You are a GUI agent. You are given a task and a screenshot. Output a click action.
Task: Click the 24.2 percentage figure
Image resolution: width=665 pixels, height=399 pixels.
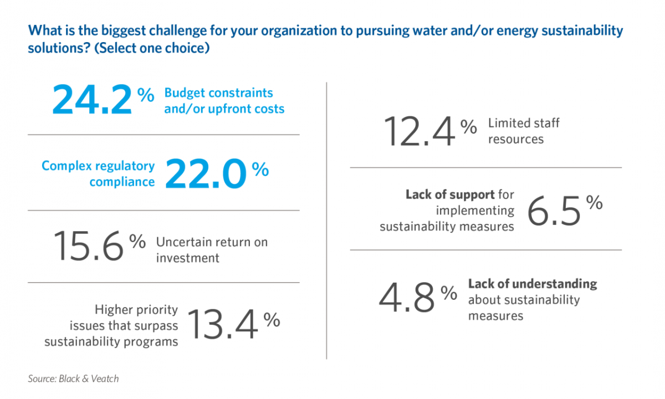click(x=93, y=99)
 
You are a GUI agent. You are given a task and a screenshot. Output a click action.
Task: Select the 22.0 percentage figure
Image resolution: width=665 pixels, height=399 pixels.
click(x=206, y=173)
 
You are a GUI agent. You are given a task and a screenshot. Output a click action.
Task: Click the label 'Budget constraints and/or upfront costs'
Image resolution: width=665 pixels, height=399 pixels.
click(x=224, y=100)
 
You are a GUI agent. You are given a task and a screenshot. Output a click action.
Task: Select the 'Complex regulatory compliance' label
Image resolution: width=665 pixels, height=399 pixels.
click(x=98, y=173)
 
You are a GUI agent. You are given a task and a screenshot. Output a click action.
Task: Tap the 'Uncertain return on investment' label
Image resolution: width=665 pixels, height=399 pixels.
click(x=211, y=250)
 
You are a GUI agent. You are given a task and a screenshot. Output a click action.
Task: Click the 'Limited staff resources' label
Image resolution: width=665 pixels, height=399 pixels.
click(x=523, y=131)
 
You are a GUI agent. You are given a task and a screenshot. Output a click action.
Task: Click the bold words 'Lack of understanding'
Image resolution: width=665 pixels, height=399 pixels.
click(x=533, y=284)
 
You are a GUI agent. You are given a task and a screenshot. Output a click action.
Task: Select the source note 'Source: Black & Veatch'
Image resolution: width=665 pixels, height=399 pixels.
click(x=73, y=379)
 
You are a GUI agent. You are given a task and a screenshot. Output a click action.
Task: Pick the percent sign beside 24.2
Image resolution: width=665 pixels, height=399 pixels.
click(x=145, y=95)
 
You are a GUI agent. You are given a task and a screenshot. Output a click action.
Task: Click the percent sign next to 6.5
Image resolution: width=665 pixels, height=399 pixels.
click(x=594, y=202)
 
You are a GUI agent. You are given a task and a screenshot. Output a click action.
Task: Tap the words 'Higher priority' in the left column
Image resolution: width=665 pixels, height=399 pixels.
click(x=136, y=309)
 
